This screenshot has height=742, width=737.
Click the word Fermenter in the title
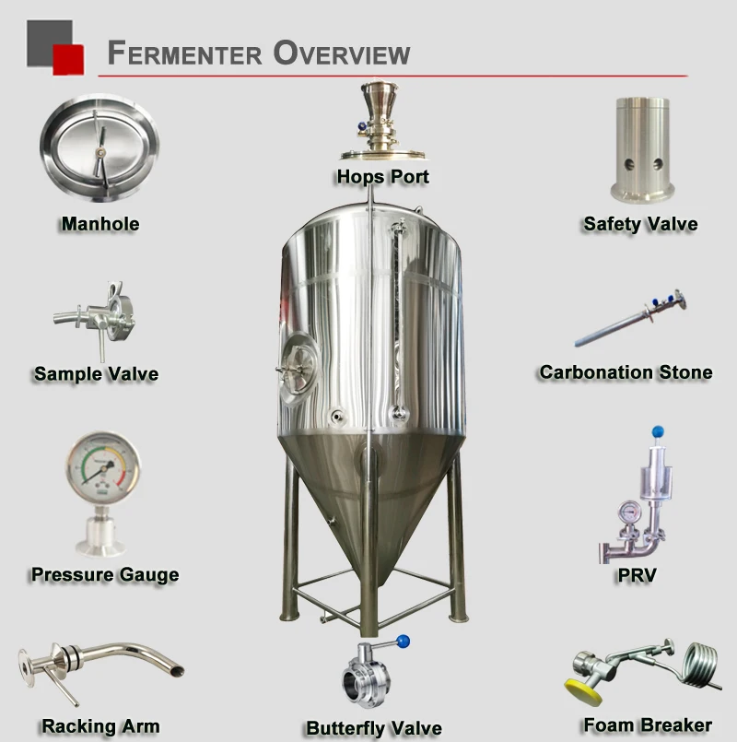tap(182, 53)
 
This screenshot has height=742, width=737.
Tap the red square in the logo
tap(67, 59)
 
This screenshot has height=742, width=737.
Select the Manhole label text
tap(99, 223)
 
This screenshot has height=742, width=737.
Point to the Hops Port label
tap(382, 176)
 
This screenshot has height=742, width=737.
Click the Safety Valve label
tap(640, 224)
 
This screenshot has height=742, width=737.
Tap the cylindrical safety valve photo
tap(642, 147)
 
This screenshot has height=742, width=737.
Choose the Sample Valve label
tap(96, 374)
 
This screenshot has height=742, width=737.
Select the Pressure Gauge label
tap(104, 575)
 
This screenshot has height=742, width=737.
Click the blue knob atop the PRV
tap(657, 430)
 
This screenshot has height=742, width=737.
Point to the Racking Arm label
tap(100, 726)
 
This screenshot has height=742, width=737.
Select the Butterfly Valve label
tap(374, 728)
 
